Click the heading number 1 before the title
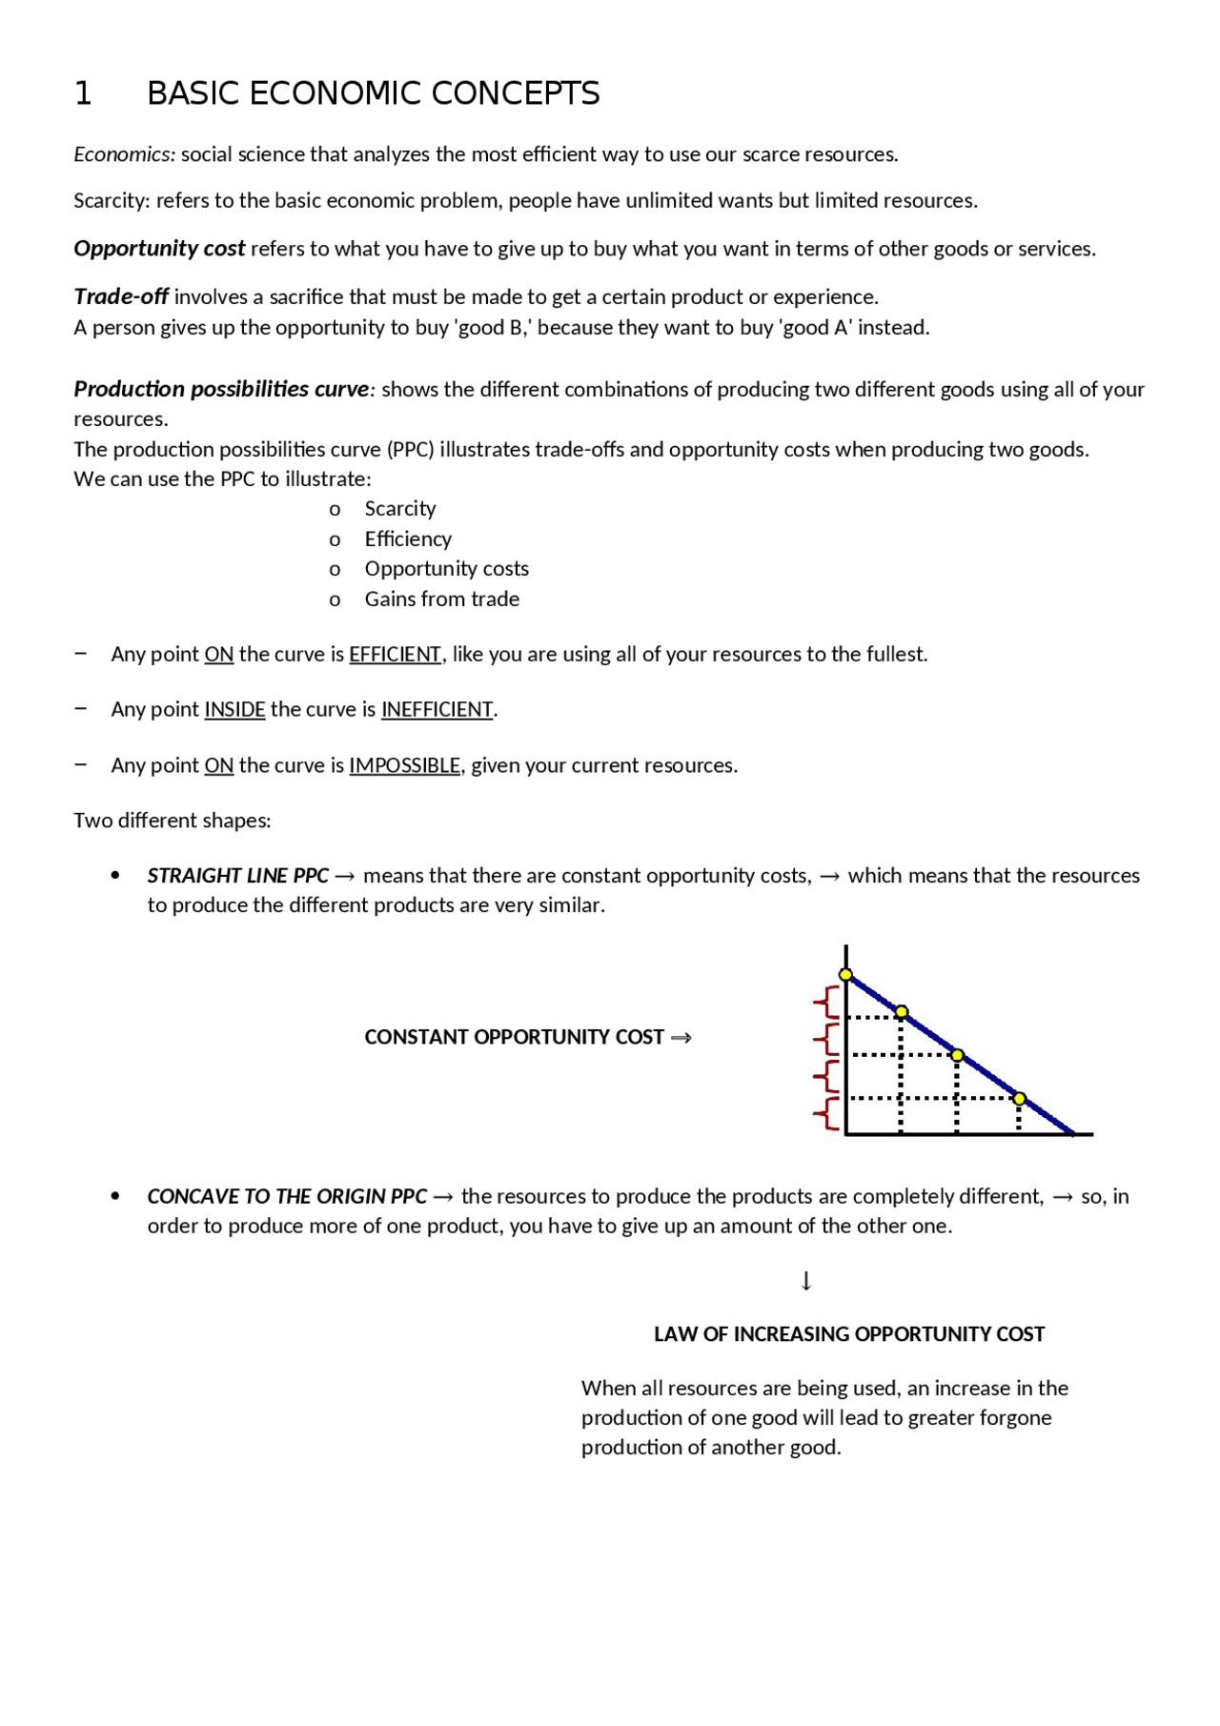[83, 93]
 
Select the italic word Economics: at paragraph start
[124, 154]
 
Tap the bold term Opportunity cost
[159, 249]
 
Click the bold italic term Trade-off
[121, 296]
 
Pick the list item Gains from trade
[441, 599]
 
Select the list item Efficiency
[408, 539]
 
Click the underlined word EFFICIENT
[395, 655]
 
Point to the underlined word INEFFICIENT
[437, 710]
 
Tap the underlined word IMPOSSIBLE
[404, 766]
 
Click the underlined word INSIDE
[234, 710]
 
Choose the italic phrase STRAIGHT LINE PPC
[237, 876]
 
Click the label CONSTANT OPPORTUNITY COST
[514, 1037]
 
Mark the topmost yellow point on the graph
[845, 974]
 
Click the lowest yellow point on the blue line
[1019, 1099]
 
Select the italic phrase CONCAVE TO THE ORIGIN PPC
[287, 1197]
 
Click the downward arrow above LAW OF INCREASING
[806, 1281]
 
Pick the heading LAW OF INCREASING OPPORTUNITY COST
[848, 1334]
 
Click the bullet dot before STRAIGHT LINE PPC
[115, 875]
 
